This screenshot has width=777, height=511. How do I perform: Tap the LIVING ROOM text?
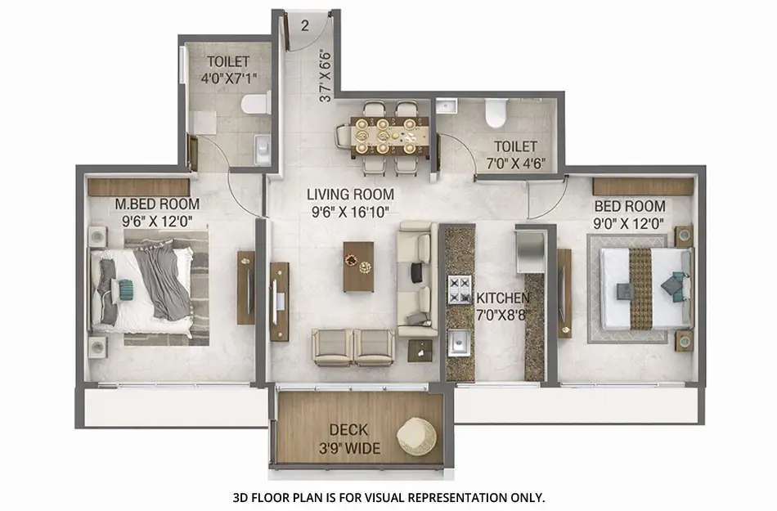coord(350,195)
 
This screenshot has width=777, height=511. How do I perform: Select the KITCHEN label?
coord(503,298)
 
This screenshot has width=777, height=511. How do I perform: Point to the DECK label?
coord(348,429)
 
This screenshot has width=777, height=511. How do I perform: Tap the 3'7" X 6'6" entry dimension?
coord(326,73)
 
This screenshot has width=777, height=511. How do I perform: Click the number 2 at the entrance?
coord(304,25)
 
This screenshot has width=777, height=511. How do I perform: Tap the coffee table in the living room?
coord(358,266)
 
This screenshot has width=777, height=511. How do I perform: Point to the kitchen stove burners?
coord(459,289)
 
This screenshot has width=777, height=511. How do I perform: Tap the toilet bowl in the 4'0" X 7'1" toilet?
coord(257,103)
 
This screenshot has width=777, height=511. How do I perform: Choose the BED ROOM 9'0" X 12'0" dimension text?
coord(629,222)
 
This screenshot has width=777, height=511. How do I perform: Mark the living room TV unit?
coord(279,302)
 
